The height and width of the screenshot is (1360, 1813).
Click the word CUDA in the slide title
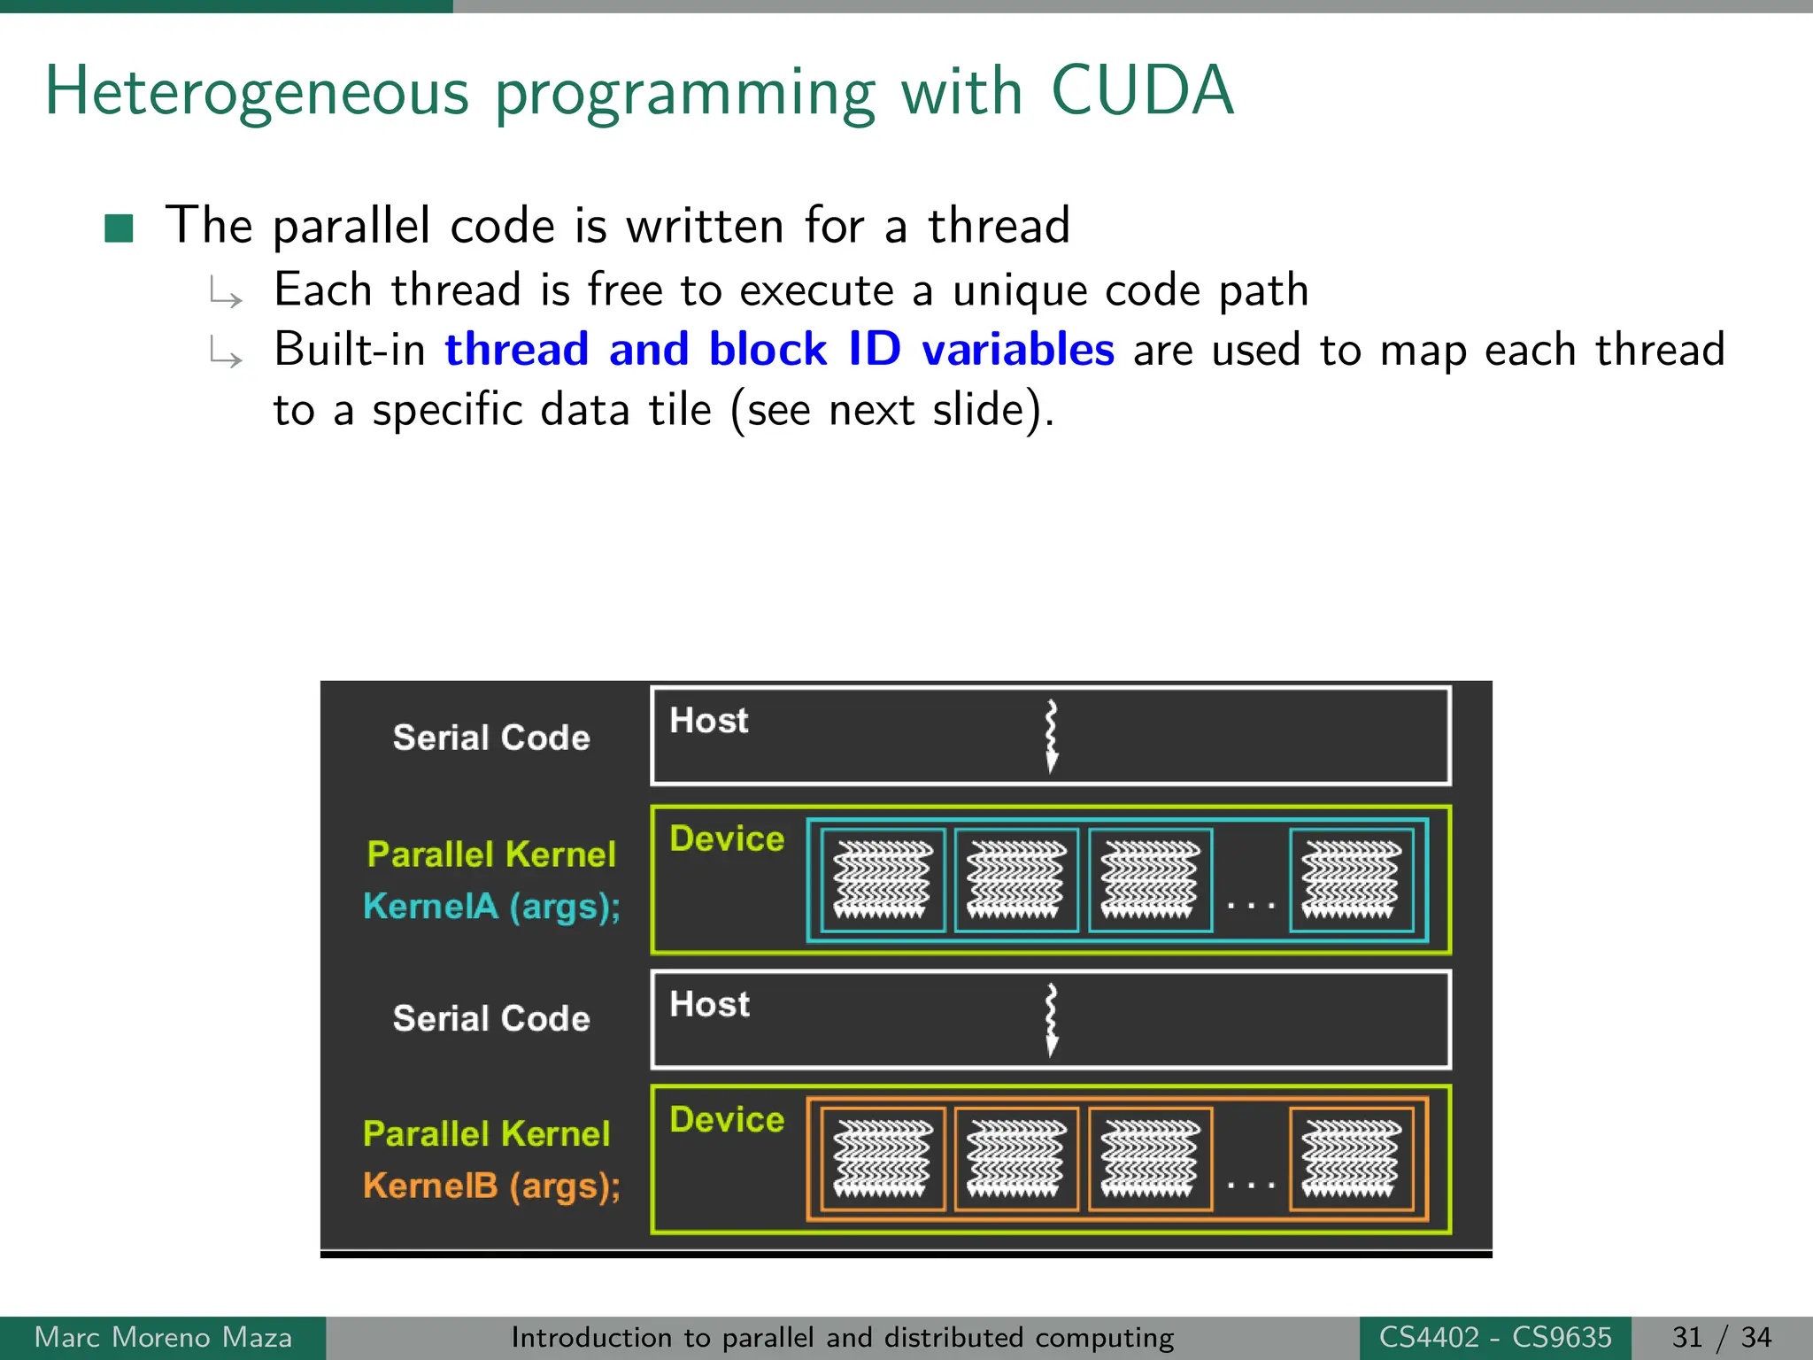click(1142, 91)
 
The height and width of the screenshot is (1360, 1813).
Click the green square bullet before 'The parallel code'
click(119, 228)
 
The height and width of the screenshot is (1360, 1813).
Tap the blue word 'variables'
click(1017, 349)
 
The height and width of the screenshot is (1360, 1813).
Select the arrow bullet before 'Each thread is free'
click(226, 293)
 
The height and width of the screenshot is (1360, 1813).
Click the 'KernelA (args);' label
click(491, 907)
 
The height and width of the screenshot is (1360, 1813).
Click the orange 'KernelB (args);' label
click(491, 1186)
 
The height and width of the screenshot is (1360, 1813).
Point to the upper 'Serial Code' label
click(491, 738)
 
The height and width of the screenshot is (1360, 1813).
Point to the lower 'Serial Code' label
click(491, 1018)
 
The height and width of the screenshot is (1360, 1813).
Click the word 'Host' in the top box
click(709, 721)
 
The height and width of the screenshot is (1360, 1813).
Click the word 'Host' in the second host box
click(709, 1005)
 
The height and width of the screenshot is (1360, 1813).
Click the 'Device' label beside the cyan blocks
click(727, 838)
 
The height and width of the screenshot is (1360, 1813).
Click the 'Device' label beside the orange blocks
click(727, 1120)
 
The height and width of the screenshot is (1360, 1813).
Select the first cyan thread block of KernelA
click(883, 880)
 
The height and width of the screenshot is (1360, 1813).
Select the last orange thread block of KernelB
click(1351, 1159)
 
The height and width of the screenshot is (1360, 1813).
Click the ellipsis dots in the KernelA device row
click(1250, 905)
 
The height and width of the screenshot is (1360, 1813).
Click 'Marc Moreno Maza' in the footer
click(163, 1337)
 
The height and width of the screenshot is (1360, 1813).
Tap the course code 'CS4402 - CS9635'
click(1495, 1337)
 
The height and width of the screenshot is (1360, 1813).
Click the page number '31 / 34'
click(1722, 1337)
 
